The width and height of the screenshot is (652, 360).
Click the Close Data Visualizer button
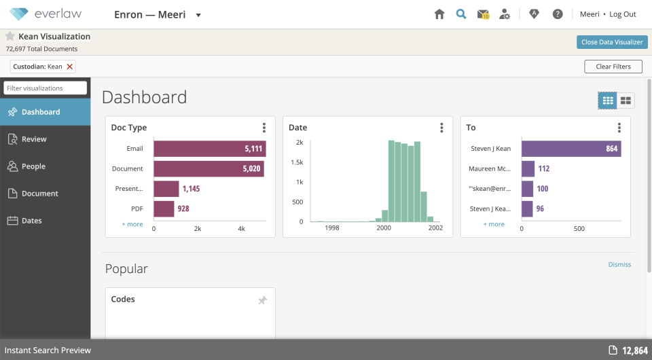pyautogui.click(x=612, y=42)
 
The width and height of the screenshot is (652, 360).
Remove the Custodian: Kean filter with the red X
pyautogui.click(x=70, y=67)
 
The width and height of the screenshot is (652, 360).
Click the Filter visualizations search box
pyautogui.click(x=46, y=88)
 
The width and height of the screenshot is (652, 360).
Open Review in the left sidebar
pyautogui.click(x=34, y=139)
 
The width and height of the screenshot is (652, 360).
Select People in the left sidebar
pyautogui.click(x=33, y=166)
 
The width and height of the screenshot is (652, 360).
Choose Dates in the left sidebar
pyautogui.click(x=31, y=221)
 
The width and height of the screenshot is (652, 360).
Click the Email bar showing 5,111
pyautogui.click(x=209, y=149)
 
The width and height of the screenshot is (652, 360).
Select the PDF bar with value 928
pyautogui.click(x=164, y=209)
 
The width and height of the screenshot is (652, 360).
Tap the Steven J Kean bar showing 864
pyautogui.click(x=570, y=149)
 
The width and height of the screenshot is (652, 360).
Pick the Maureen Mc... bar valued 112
pyautogui.click(x=528, y=168)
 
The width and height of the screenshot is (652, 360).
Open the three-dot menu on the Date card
pyautogui.click(x=441, y=128)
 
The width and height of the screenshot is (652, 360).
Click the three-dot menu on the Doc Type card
pyautogui.click(x=264, y=128)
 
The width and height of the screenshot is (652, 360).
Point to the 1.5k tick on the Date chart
pyautogui.click(x=296, y=162)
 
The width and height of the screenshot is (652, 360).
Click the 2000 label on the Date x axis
pyautogui.click(x=384, y=229)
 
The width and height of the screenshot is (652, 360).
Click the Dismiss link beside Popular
pyautogui.click(x=619, y=265)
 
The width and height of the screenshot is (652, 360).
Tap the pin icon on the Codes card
pyautogui.click(x=262, y=300)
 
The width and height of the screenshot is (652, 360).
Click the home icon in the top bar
pyautogui.click(x=439, y=14)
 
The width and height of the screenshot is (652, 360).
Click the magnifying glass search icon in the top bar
pyautogui.click(x=461, y=14)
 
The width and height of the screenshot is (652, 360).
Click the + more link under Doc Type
pyautogui.click(x=132, y=224)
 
